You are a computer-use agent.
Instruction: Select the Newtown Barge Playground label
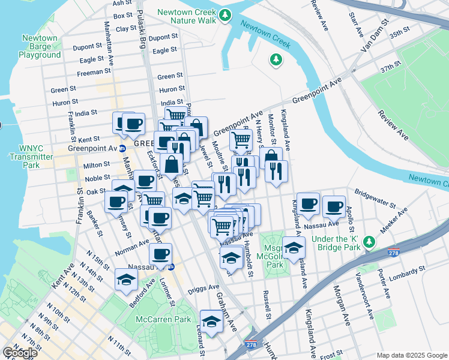(40, 46)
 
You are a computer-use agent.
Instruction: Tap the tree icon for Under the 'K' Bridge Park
(370, 242)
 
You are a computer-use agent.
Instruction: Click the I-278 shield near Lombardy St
(394, 253)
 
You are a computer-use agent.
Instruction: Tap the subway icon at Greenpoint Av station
(122, 148)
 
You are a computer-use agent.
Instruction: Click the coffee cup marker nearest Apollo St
(334, 207)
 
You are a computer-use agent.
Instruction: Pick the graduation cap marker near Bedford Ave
(126, 279)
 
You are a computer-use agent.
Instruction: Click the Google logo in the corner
(20, 353)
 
